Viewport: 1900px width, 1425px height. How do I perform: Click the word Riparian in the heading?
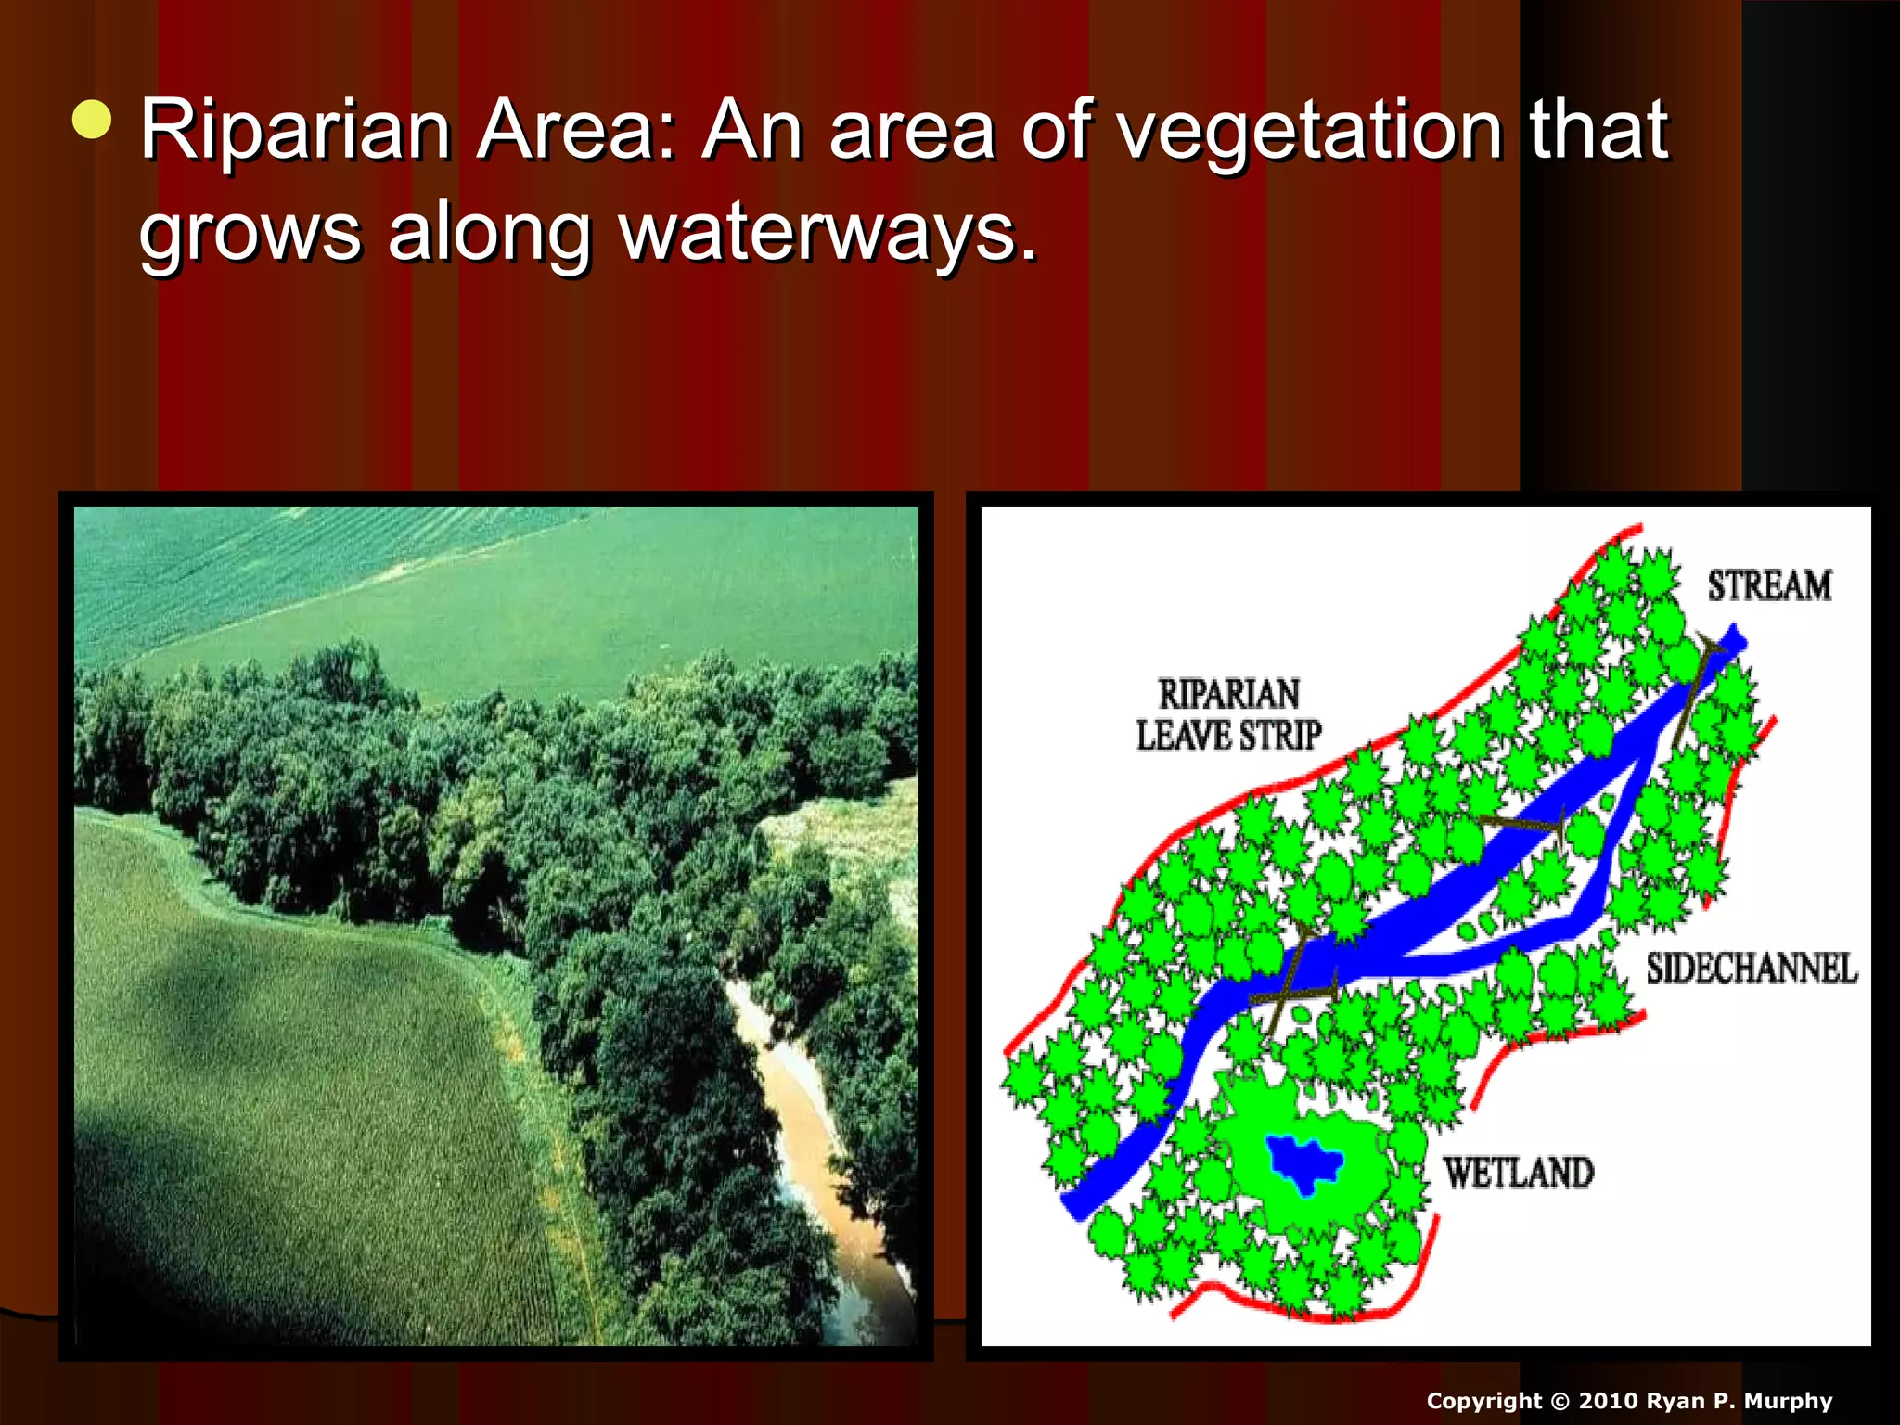pos(295,131)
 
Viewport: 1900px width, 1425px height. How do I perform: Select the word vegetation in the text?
pos(1309,131)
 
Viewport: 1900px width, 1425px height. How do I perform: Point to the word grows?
pos(250,234)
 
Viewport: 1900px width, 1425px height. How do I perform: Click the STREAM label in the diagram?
pos(1769,586)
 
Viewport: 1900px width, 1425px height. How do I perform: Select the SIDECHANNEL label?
pos(1752,969)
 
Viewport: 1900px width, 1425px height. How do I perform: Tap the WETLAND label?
pos(1519,1174)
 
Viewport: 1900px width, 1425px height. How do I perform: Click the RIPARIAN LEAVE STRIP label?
pos(1229,715)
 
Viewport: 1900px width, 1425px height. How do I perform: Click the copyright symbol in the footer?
pos(1559,1401)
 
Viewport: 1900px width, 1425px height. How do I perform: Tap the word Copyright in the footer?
pos(1483,1401)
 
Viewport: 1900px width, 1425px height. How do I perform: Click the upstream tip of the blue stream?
pos(1733,640)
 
